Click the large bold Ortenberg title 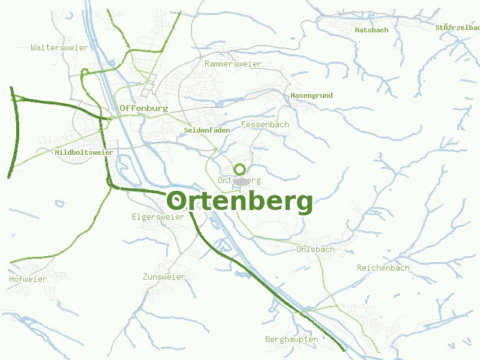click(x=239, y=201)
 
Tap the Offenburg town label click(x=143, y=108)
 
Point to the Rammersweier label click(x=233, y=64)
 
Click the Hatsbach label click(x=371, y=29)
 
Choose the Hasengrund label click(x=311, y=95)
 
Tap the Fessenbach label click(x=265, y=124)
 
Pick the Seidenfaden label click(x=207, y=130)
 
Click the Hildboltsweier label click(x=84, y=152)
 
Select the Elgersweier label click(x=158, y=217)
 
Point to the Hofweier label click(x=28, y=279)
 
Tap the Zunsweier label click(x=164, y=277)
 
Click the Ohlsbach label click(x=315, y=249)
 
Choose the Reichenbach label click(x=383, y=268)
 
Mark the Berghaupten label click(x=291, y=339)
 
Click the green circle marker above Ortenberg click(x=240, y=169)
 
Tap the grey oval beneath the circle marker click(x=241, y=181)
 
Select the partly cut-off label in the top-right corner click(x=458, y=27)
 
